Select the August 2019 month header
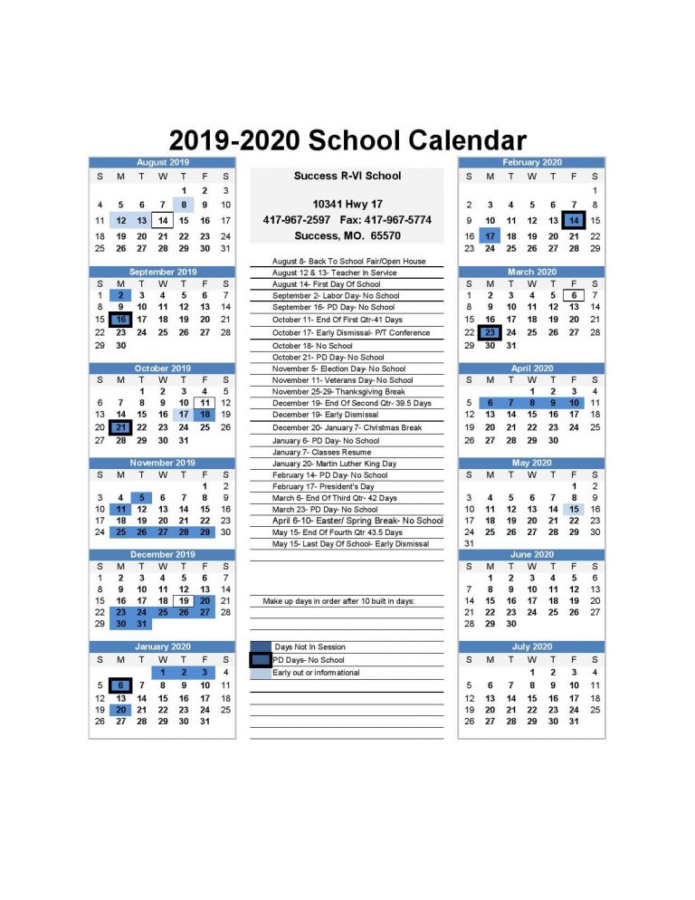click(163, 161)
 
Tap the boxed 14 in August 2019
click(163, 220)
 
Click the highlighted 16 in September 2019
click(120, 320)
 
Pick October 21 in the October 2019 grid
click(120, 427)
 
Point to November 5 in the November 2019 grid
click(142, 497)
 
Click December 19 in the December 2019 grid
click(184, 600)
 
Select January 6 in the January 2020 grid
click(120, 686)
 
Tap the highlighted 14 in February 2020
click(574, 220)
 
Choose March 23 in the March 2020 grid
click(490, 332)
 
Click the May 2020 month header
click(532, 463)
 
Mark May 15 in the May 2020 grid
click(574, 510)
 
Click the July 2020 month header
click(532, 646)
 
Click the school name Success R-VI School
click(347, 176)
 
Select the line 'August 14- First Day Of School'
click(327, 284)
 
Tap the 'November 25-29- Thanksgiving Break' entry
click(338, 392)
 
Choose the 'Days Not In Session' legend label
click(309, 647)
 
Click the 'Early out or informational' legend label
click(316, 673)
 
